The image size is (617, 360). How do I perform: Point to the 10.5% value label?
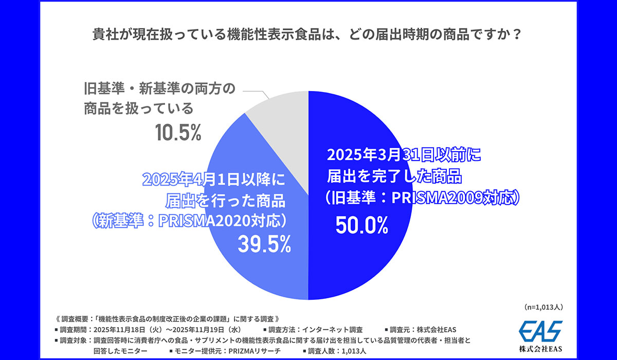(178, 133)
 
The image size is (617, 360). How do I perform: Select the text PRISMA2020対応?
(221, 221)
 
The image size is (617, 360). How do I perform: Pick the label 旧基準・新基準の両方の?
(159, 88)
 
